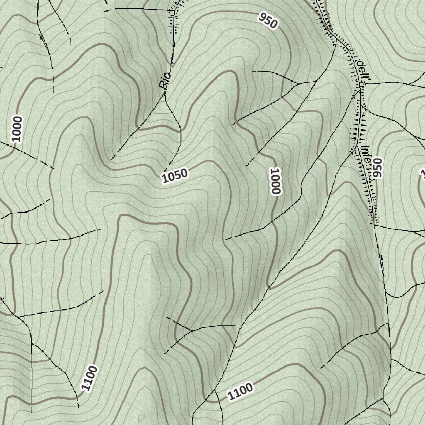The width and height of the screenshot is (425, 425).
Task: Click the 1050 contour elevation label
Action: tap(175, 176)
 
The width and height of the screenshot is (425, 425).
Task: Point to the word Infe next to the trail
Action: tap(366, 156)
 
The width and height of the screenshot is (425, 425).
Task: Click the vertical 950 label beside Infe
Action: tap(377, 168)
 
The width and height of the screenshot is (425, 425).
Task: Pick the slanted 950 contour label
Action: tap(268, 20)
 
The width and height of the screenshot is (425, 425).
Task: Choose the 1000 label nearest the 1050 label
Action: tap(276, 181)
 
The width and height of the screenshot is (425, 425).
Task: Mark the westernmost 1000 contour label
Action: tap(17, 129)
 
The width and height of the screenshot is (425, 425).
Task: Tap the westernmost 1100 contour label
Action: tap(89, 378)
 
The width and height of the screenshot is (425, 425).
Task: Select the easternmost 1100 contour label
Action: tap(240, 392)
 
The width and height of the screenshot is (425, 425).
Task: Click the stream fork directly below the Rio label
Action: tap(166, 95)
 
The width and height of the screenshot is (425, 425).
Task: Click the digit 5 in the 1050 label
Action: tap(179, 175)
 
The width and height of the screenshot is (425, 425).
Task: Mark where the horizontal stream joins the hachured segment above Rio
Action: tap(172, 10)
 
